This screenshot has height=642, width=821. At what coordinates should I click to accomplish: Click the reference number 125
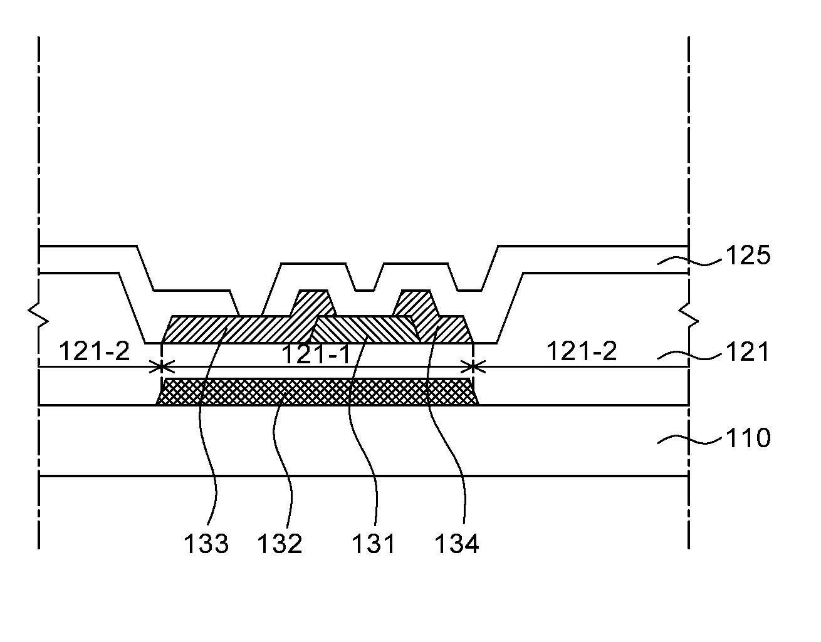pyautogui.click(x=747, y=256)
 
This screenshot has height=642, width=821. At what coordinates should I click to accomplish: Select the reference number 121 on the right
pyautogui.click(x=747, y=353)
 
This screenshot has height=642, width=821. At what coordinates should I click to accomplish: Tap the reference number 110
pyautogui.click(x=747, y=437)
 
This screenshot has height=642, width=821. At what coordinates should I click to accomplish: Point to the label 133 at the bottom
pyautogui.click(x=206, y=544)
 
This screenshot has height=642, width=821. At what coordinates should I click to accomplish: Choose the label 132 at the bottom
pyautogui.click(x=280, y=544)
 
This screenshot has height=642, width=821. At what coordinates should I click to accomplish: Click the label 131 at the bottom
pyautogui.click(x=373, y=544)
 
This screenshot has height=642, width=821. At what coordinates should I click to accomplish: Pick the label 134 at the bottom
pyautogui.click(x=457, y=544)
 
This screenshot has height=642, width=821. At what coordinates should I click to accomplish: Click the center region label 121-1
pyautogui.click(x=316, y=355)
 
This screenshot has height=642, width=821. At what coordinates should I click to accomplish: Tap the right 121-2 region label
pyautogui.click(x=582, y=351)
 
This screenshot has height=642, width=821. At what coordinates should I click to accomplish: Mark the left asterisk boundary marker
pyautogui.click(x=162, y=366)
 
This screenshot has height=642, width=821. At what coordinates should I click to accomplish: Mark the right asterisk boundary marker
pyautogui.click(x=472, y=366)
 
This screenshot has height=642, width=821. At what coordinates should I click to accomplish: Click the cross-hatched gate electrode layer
pyautogui.click(x=317, y=391)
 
